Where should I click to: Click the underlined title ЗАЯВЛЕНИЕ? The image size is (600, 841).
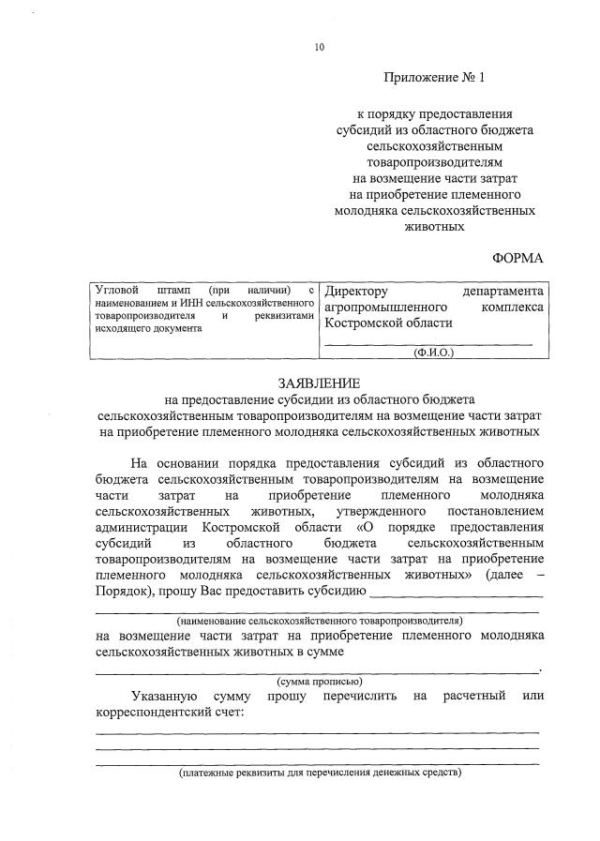pyautogui.click(x=318, y=383)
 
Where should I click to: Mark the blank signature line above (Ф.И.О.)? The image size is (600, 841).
pyautogui.click(x=427, y=343)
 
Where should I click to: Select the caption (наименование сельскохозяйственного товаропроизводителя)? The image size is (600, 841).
pyautogui.click(x=320, y=621)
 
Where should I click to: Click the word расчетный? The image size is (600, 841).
pyautogui.click(x=474, y=696)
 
